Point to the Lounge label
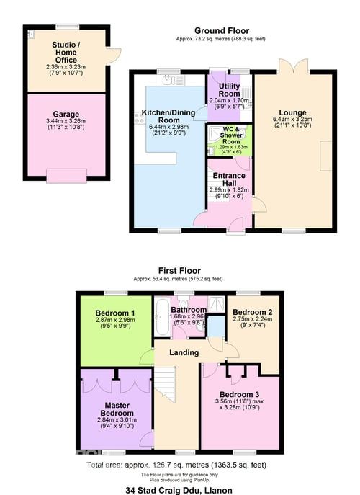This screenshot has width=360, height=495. tap(289, 112)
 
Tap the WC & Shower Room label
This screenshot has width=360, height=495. tap(230, 133)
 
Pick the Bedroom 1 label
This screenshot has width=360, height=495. tap(114, 313)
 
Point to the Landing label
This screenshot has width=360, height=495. tap(184, 352)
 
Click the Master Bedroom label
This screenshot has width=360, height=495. tap(115, 409)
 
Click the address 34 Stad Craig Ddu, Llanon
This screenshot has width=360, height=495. tap(179, 489)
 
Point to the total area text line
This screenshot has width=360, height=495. tap(180, 465)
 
